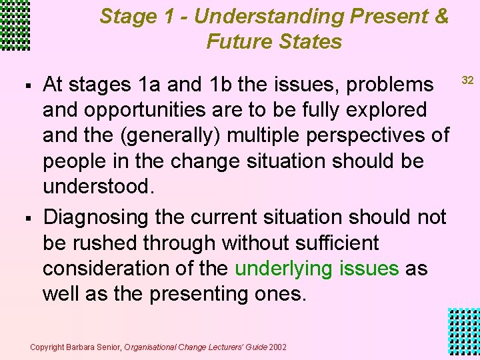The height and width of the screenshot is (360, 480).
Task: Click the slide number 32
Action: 467,81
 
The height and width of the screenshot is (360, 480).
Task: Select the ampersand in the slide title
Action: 441,15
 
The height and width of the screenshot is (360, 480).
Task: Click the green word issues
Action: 369,269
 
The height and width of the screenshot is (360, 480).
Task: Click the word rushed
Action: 103,243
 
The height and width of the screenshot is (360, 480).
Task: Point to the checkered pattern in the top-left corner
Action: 15,25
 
